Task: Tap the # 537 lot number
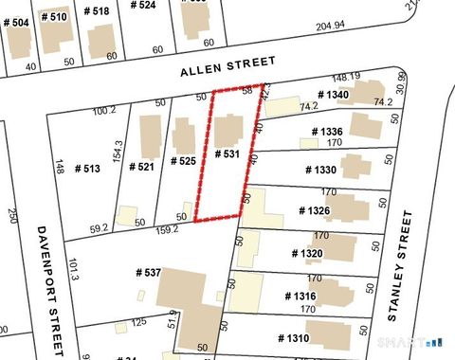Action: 147,273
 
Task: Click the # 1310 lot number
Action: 294,338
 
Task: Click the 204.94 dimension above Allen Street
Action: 330,26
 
